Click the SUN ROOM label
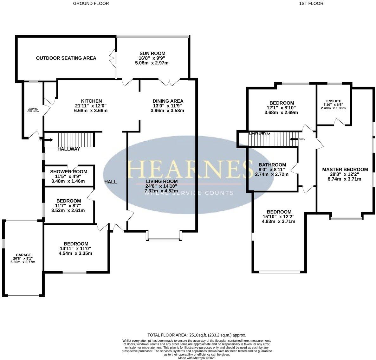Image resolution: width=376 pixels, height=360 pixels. click(x=152, y=53)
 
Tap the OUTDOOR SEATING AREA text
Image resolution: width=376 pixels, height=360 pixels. click(x=66, y=58)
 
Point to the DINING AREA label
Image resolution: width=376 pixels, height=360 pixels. click(x=168, y=101)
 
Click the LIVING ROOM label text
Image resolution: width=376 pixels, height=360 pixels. click(x=161, y=181)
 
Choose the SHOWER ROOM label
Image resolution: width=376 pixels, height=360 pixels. click(x=68, y=172)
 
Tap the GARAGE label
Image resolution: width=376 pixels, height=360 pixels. click(x=23, y=255)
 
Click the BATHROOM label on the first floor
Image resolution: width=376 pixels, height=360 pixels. click(x=272, y=165)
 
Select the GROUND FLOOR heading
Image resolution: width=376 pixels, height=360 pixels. click(x=91, y=3)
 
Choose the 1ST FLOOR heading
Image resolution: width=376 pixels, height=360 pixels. click(x=307, y=3)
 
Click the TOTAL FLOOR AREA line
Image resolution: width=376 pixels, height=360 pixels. click(x=197, y=335)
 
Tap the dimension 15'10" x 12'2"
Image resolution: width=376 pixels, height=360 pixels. click(x=278, y=217)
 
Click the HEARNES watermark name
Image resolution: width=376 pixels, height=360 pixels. click(x=187, y=170)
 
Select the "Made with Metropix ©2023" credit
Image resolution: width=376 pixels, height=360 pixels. click(x=197, y=358)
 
